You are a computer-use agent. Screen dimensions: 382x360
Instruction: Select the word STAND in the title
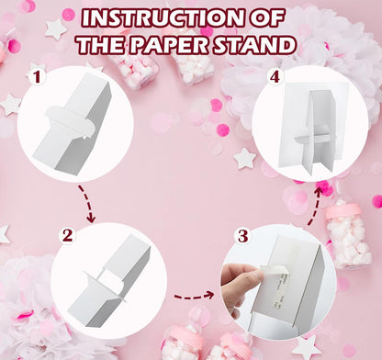coord(254,45)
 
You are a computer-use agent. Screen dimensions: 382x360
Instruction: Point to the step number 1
coord(37,77)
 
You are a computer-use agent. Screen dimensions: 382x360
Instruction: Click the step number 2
coord(68,236)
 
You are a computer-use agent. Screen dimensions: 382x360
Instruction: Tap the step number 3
coord(243,236)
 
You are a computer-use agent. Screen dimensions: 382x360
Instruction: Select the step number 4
coord(275,77)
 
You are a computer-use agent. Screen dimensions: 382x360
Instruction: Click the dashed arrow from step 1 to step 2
coord(88,204)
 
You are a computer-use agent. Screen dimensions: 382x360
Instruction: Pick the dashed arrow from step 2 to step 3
coord(194,296)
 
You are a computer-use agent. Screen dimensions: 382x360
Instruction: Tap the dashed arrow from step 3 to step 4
coord(315,207)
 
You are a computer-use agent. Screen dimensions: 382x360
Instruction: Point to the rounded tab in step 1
coord(69,122)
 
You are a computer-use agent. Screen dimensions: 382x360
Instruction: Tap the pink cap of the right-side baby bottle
coord(343,211)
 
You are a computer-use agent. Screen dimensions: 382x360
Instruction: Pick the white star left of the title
coord(56,29)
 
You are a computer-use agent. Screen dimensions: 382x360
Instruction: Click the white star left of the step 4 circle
coord(245,159)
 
